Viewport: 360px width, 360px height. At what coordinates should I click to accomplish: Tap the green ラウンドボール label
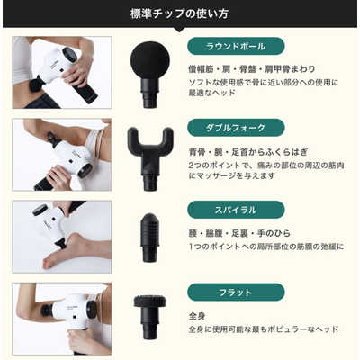(236, 46)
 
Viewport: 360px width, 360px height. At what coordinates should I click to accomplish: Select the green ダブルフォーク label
(236, 128)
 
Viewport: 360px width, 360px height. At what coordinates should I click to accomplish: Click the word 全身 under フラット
(197, 316)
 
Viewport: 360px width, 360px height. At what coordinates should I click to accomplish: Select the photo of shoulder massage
(62, 72)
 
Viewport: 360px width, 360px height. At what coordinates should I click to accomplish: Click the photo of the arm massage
(62, 155)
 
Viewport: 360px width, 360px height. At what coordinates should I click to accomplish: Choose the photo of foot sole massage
(62, 237)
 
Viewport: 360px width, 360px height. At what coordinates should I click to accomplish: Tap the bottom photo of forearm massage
(62, 319)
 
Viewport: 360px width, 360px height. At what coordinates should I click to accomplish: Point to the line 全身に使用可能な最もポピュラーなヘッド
(263, 329)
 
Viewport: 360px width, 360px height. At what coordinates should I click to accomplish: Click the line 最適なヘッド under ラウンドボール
(213, 94)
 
